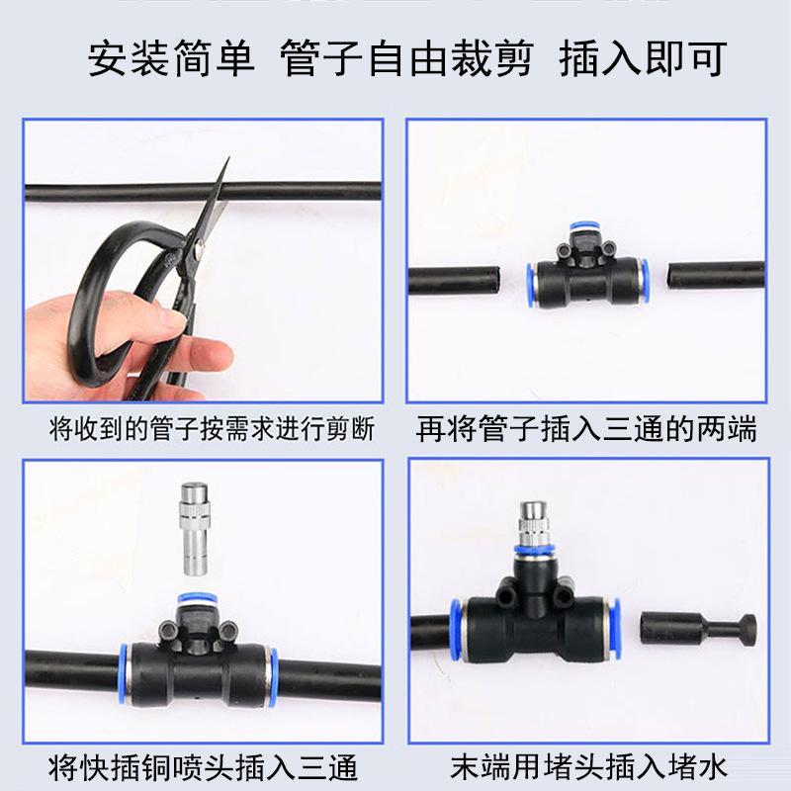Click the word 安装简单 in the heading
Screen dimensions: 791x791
coord(171,59)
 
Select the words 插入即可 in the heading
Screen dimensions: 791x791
coord(643,59)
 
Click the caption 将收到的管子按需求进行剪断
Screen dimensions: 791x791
coord(212,430)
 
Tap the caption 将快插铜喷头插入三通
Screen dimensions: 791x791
coord(203,766)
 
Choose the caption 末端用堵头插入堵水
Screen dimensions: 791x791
coord(588,766)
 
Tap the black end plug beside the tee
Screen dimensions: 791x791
coord(698,629)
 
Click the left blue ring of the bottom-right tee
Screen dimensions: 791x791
coord(457,628)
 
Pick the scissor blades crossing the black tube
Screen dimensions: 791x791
coord(213,198)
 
